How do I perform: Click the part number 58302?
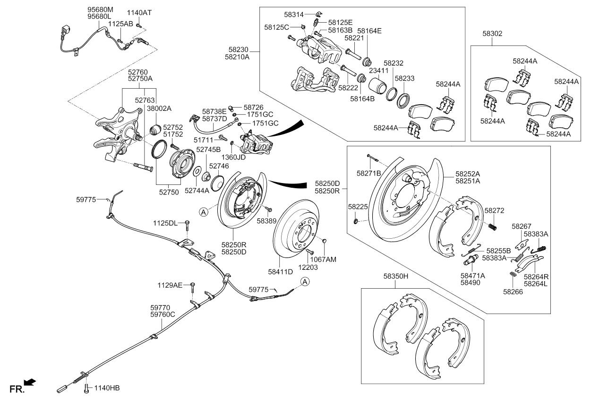(x=492, y=34)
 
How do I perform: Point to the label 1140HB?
(x=107, y=388)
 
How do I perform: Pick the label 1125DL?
(x=165, y=223)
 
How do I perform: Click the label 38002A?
(x=159, y=108)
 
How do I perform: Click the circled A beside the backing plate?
(x=203, y=212)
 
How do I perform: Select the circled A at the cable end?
(x=305, y=282)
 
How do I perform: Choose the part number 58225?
(x=358, y=207)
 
